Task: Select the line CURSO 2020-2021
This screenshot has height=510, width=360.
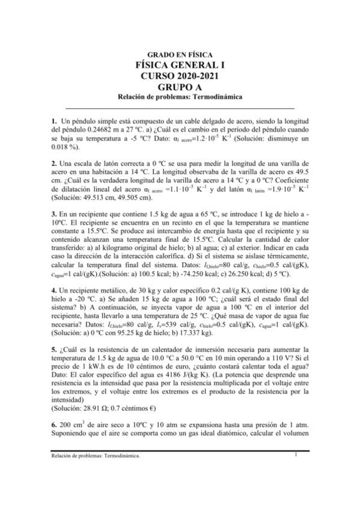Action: (180, 76)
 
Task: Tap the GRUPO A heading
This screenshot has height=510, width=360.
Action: (180, 87)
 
